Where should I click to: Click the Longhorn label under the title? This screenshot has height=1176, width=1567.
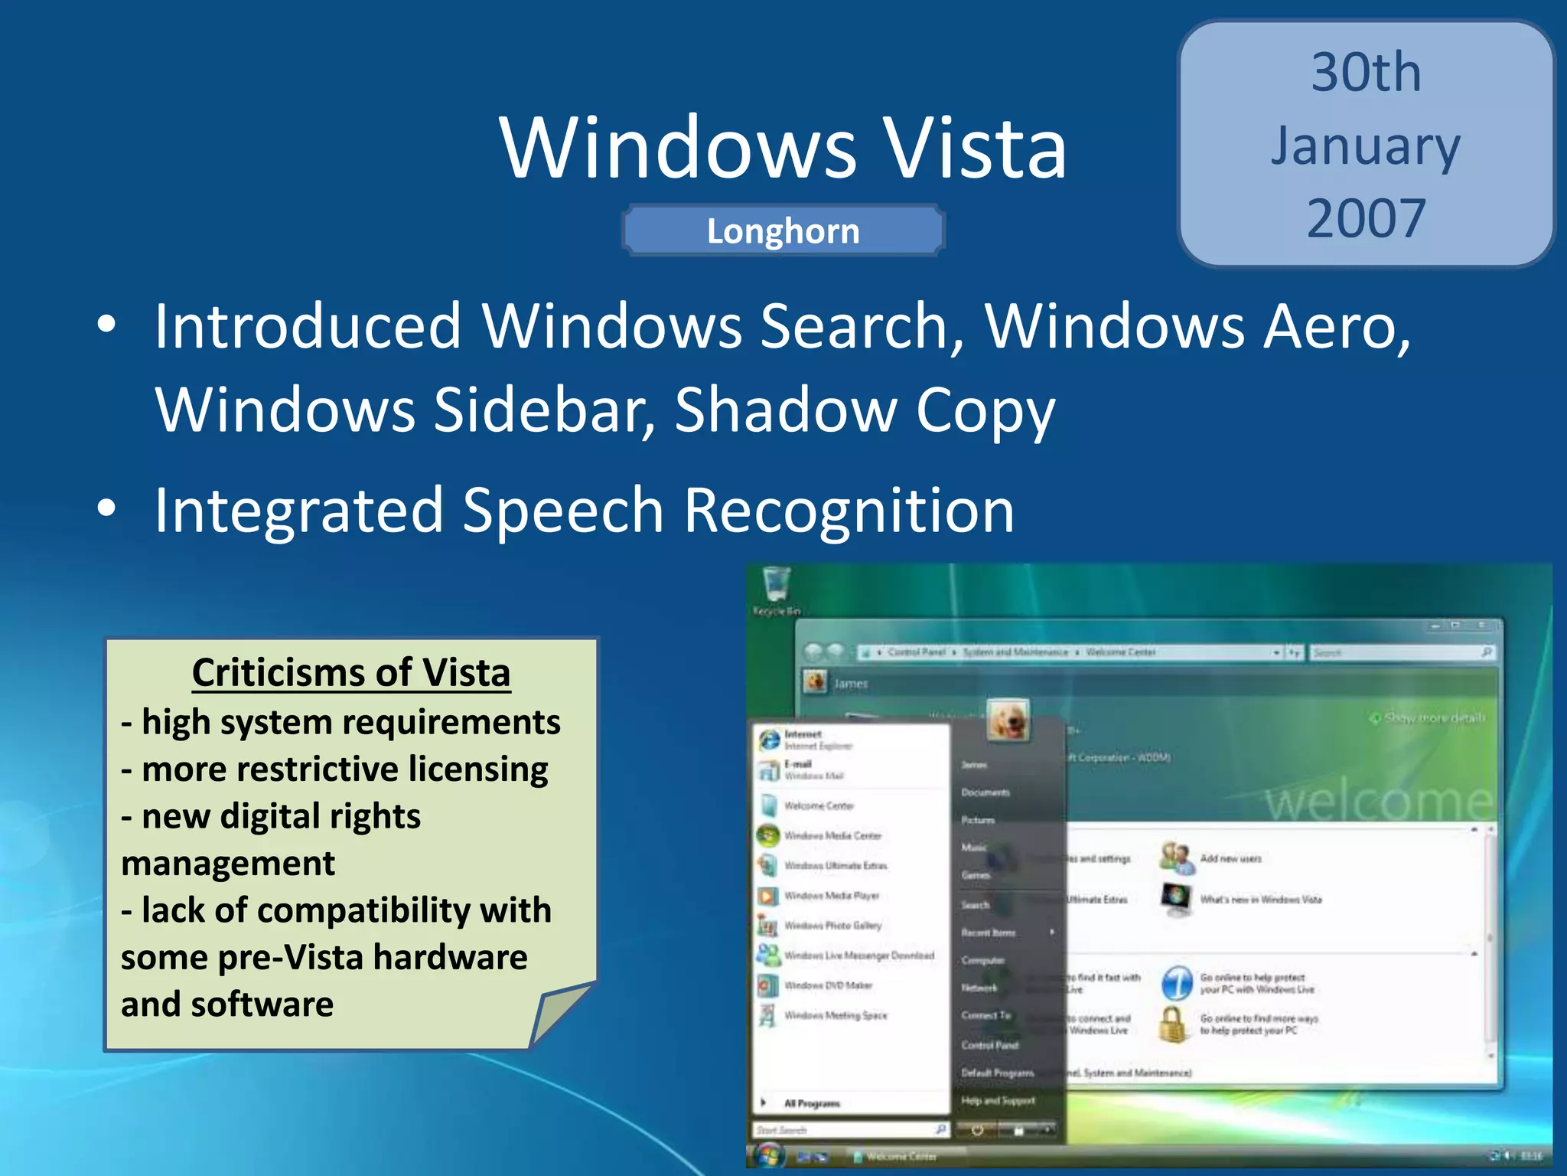coord(783,231)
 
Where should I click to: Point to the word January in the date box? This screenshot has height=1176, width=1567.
coord(1366,147)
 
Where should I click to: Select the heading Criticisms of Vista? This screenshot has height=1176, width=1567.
coord(351,672)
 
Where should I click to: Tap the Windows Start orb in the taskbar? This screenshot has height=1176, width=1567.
coord(768,1155)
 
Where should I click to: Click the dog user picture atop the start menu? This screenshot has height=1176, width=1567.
coord(1008,720)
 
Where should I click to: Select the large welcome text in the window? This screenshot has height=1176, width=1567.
coord(1377,802)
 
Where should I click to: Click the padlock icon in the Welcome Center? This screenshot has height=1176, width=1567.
coord(1172,1024)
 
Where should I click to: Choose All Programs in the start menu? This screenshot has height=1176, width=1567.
coord(811,1103)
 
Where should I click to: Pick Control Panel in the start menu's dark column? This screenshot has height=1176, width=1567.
coord(989,1045)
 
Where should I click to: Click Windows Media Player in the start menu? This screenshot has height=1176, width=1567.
coord(831,896)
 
